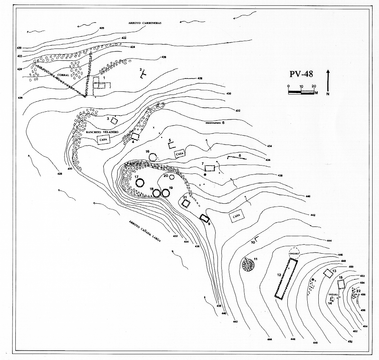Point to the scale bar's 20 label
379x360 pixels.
point(314,86)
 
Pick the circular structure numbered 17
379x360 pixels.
point(140,183)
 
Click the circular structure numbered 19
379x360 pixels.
point(165,193)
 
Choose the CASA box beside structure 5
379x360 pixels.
point(180,153)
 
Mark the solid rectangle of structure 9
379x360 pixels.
point(204,218)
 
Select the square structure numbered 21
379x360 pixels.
point(186,204)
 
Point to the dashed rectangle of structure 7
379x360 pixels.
point(210,168)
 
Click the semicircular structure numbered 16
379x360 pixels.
point(154,157)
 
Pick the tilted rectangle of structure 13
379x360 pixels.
point(328,273)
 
